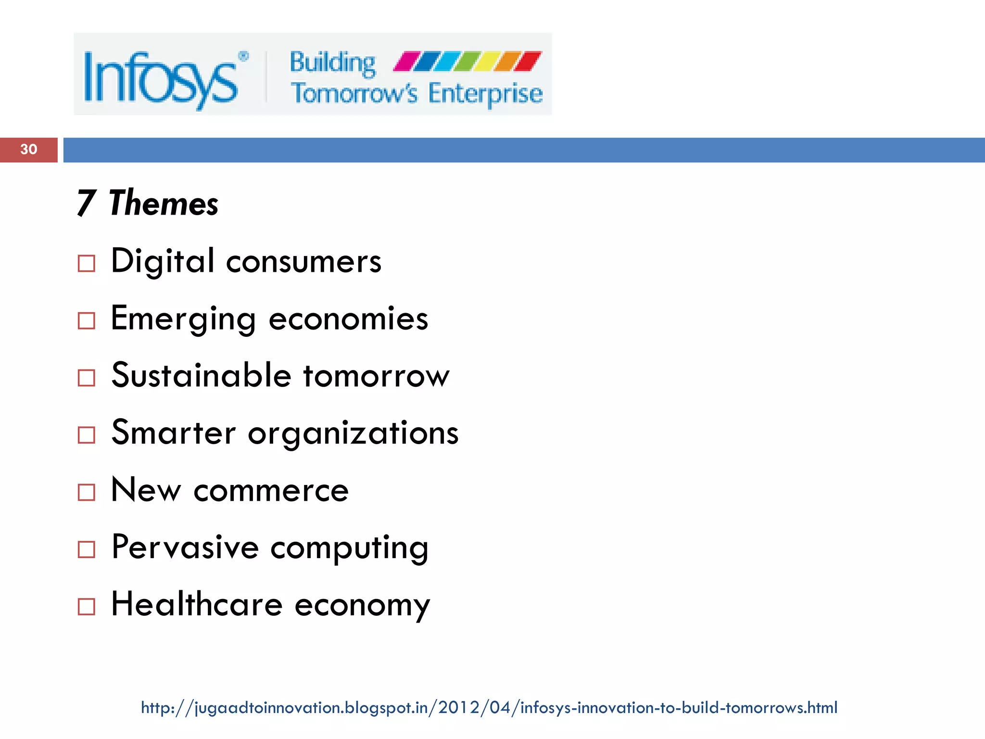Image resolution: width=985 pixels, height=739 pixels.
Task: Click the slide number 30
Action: click(x=29, y=149)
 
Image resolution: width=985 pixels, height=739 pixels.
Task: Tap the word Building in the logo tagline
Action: click(x=332, y=63)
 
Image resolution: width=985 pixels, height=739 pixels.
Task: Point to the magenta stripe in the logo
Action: click(x=406, y=62)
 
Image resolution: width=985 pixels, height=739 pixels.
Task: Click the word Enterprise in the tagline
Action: click(x=485, y=94)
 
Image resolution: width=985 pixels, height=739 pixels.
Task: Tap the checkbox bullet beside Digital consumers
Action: click(x=87, y=264)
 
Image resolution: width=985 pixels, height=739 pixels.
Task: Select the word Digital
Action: click(x=163, y=261)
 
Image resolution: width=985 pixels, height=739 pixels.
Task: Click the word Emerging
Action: click(x=183, y=319)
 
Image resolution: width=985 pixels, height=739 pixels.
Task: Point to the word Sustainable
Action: click(x=202, y=375)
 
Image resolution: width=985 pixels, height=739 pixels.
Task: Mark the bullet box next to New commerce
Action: click(x=87, y=492)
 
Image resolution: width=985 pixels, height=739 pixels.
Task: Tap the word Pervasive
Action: click(x=185, y=548)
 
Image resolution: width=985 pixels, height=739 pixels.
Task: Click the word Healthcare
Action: click(x=197, y=604)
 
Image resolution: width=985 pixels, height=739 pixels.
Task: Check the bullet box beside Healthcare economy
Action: click(x=87, y=607)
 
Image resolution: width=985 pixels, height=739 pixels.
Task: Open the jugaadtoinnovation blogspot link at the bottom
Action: click(x=489, y=708)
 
